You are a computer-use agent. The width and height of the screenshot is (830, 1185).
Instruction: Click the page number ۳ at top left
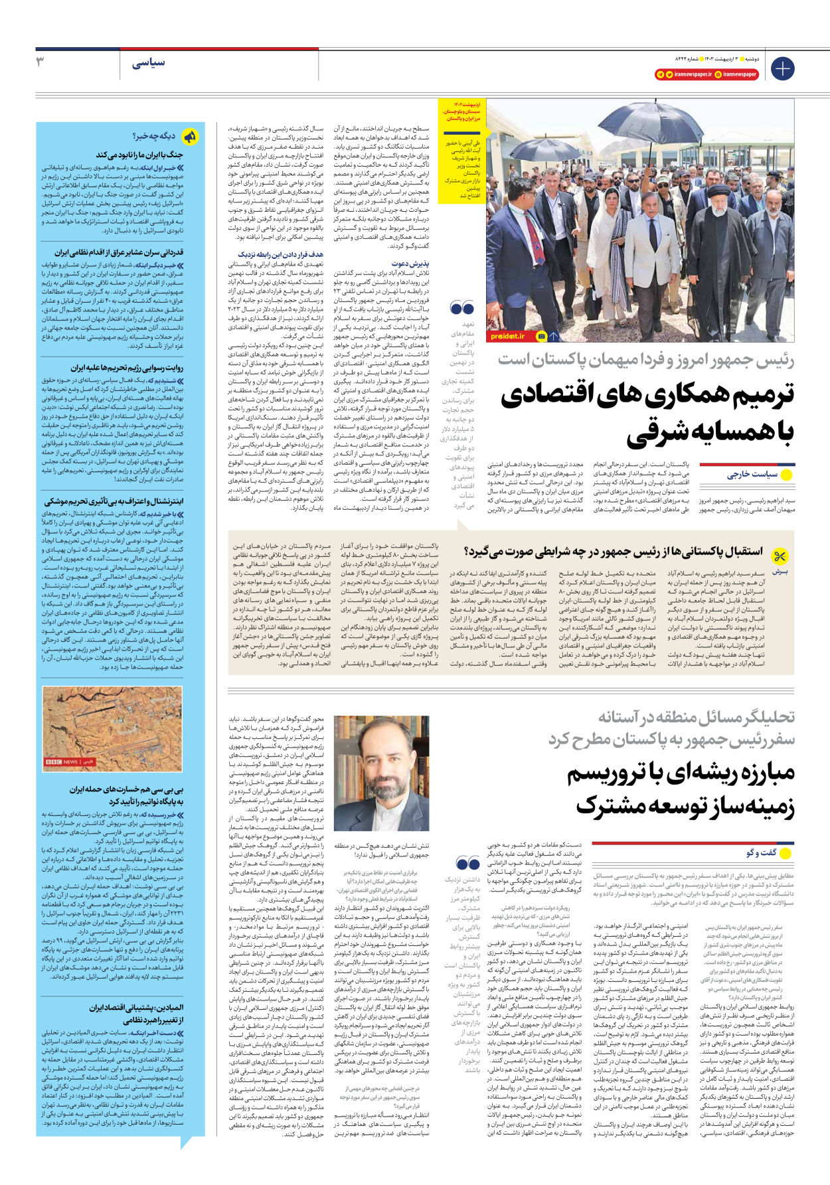tap(41, 62)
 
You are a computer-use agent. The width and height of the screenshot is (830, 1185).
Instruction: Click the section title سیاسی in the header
tap(148, 64)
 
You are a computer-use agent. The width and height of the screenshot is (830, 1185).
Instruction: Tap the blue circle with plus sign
tap(782, 68)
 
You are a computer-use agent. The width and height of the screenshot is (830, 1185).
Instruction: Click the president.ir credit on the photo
tap(508, 337)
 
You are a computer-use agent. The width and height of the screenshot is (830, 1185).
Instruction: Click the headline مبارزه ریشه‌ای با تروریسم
tap(681, 773)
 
